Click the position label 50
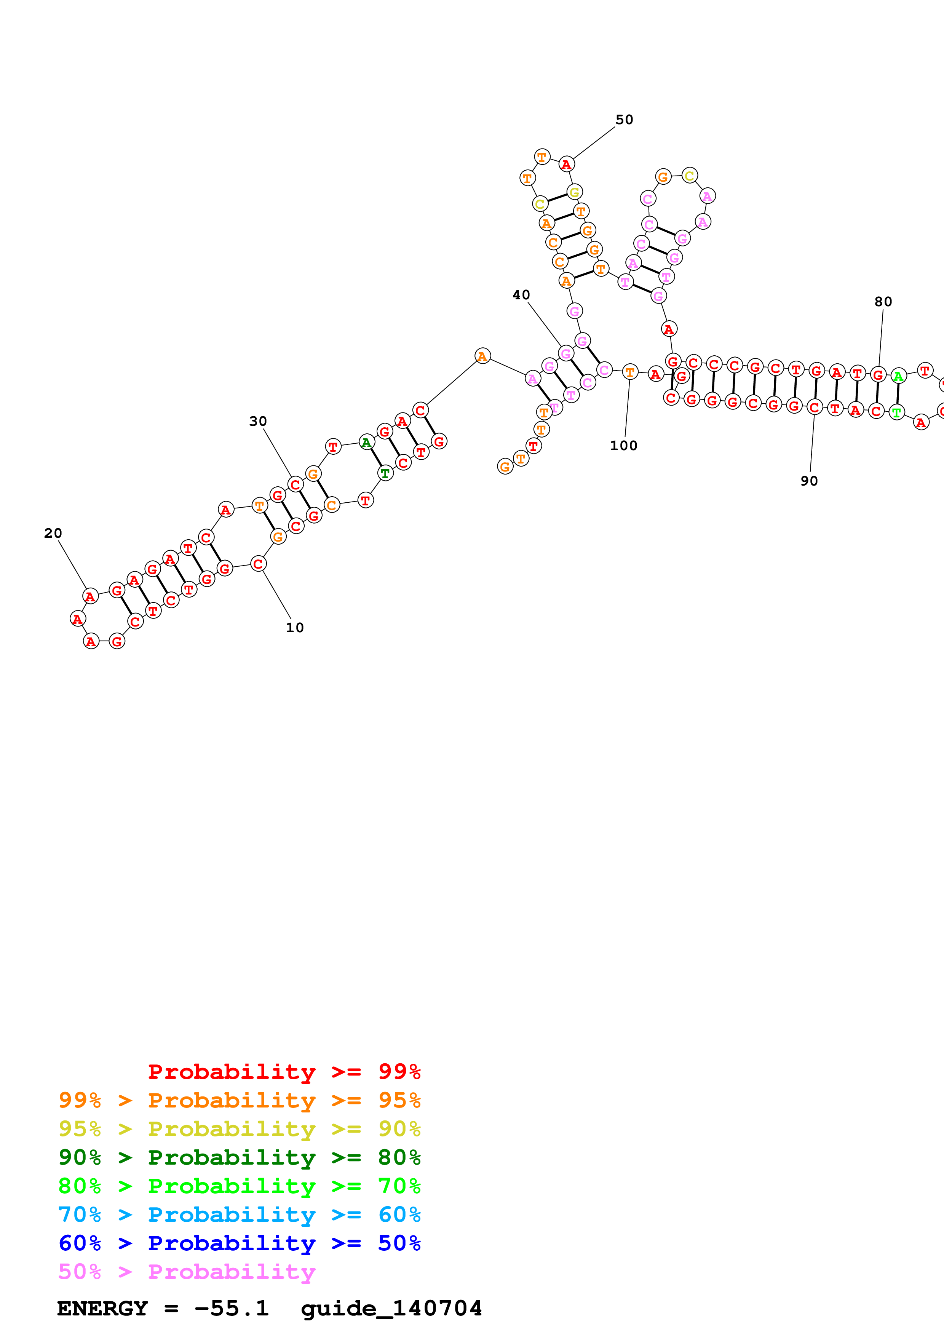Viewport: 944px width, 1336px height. (x=624, y=120)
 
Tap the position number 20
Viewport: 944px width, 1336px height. (x=53, y=533)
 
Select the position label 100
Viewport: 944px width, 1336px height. (x=623, y=446)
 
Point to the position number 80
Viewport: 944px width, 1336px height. (x=883, y=301)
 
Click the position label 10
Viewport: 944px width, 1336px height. (x=295, y=627)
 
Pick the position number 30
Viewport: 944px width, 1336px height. (x=258, y=421)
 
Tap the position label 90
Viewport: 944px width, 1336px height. (x=809, y=481)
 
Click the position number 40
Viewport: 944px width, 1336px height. (x=521, y=295)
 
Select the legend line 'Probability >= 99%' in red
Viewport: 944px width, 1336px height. (x=284, y=1071)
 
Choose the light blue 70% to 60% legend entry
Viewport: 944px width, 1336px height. (x=240, y=1215)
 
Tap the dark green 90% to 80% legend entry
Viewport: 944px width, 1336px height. (x=240, y=1157)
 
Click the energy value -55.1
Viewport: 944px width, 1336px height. (x=232, y=1308)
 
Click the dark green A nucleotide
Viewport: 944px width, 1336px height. (x=366, y=443)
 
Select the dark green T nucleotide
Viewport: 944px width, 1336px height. (x=385, y=473)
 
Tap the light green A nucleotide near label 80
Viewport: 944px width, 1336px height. (x=899, y=377)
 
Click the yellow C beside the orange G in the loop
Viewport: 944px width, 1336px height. (x=689, y=176)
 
